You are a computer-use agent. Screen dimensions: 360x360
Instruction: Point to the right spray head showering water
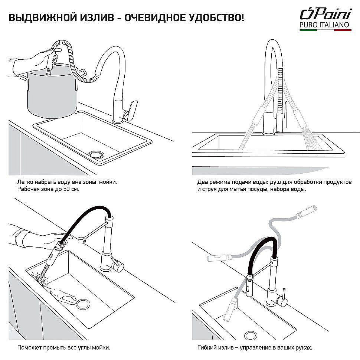point(301,115)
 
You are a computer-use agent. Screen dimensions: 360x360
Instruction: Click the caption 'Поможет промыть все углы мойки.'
point(63,348)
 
